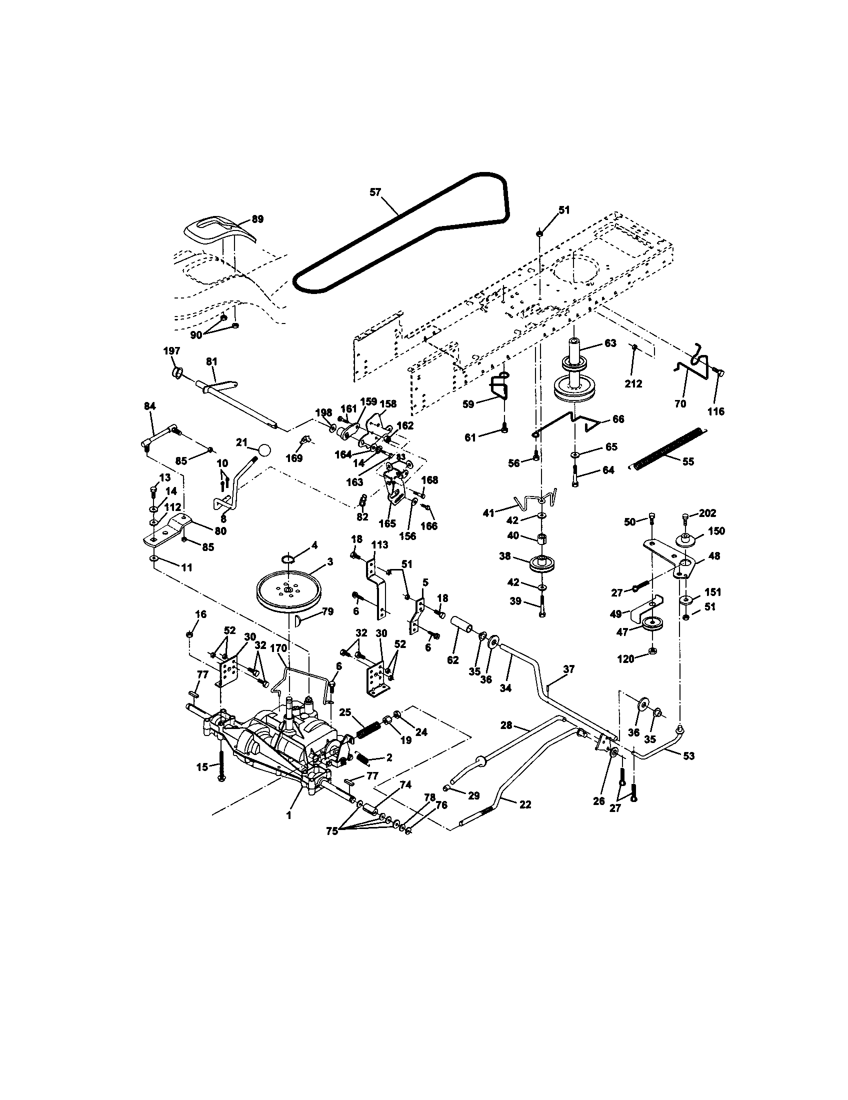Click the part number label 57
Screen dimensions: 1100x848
(375, 192)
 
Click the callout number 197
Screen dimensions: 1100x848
(171, 350)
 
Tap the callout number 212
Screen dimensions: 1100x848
(633, 383)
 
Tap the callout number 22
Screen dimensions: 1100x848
(524, 804)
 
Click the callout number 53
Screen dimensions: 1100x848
(688, 756)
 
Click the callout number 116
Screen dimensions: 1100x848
(715, 411)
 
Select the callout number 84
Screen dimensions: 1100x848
(149, 405)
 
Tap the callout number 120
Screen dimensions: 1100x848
(626, 658)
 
